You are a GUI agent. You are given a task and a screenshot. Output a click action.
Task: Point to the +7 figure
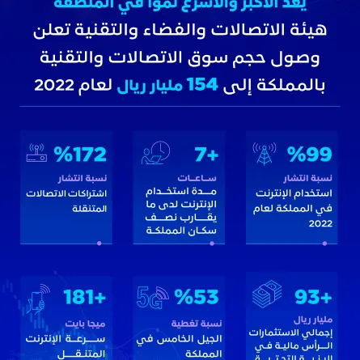205,154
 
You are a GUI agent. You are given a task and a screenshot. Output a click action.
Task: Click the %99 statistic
310,154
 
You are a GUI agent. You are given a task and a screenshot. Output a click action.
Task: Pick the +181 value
84,297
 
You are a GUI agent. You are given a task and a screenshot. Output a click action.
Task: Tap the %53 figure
197,297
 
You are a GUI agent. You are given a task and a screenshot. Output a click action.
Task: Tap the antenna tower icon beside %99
264,153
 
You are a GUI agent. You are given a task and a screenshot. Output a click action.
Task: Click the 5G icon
151,297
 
